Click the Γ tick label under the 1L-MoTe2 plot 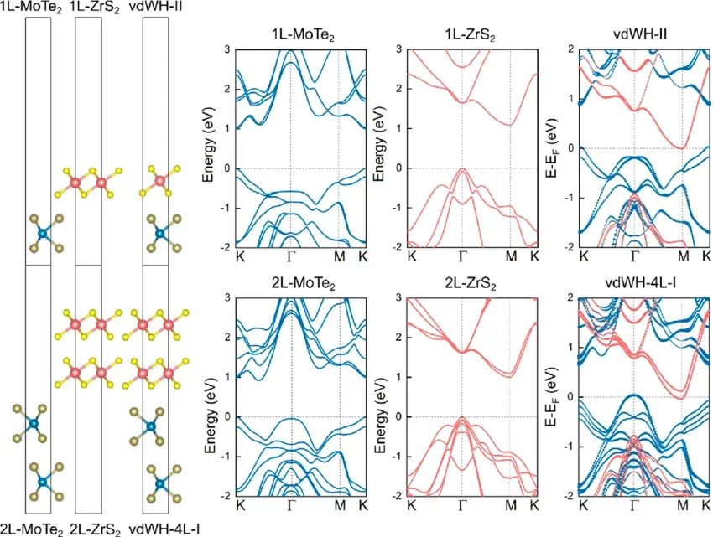click(291, 258)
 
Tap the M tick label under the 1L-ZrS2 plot click(511, 258)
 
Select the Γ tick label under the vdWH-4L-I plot click(635, 507)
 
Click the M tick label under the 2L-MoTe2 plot click(340, 507)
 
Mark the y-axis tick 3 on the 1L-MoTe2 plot click(228, 50)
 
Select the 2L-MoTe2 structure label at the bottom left click(32, 529)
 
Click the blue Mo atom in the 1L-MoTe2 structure click(39, 226)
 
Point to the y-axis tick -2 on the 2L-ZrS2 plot click(397, 496)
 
